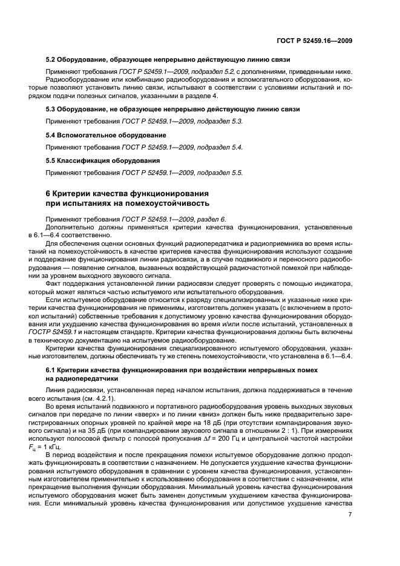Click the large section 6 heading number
(50, 193)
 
